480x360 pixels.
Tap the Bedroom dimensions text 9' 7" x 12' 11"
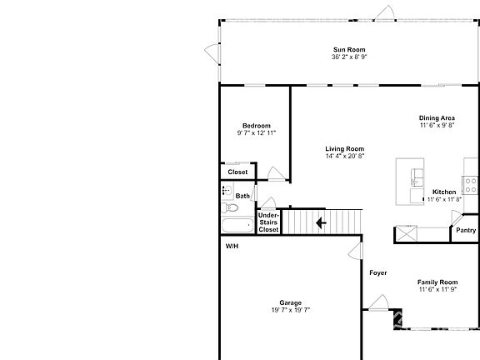(x=257, y=132)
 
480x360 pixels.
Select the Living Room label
(x=344, y=149)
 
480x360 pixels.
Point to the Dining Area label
(x=437, y=118)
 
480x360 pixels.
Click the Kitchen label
(x=444, y=192)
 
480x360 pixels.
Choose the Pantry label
(x=466, y=231)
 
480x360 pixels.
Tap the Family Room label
(x=437, y=282)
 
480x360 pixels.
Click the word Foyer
(x=378, y=272)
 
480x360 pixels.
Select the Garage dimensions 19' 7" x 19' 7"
(x=291, y=309)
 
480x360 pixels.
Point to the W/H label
(x=232, y=247)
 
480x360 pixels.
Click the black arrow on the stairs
(x=321, y=222)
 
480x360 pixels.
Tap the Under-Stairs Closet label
(x=268, y=222)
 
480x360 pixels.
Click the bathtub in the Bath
(x=237, y=225)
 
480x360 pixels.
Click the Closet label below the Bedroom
(x=237, y=172)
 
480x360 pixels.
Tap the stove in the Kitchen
(x=469, y=184)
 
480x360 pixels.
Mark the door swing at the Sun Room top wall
(x=384, y=12)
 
